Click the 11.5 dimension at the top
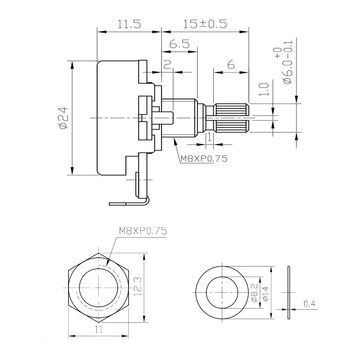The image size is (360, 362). click(129, 24)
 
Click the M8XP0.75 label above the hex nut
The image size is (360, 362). click(142, 231)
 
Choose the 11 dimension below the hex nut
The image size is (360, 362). click(99, 329)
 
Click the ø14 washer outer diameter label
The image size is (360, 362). click(265, 293)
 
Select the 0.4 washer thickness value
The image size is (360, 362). click(309, 304)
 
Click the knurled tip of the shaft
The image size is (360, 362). click(232, 118)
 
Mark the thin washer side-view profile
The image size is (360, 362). click(289, 292)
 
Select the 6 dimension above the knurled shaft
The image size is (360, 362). click(231, 65)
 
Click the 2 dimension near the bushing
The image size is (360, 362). click(167, 64)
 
